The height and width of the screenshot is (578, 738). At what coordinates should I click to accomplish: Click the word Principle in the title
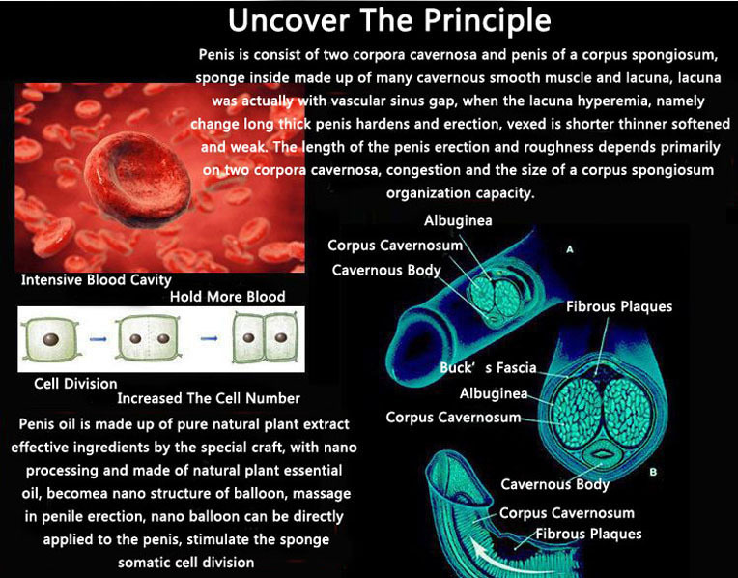[x=487, y=20]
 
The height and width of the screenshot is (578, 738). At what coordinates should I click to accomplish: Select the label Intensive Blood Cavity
[x=96, y=279]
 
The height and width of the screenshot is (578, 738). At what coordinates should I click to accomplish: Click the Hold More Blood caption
[x=227, y=297]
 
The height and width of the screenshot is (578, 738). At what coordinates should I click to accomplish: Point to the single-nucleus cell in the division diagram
[x=50, y=338]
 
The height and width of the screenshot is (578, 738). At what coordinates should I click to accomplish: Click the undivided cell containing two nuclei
[x=149, y=338]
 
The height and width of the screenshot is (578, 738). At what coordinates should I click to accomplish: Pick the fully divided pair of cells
[x=266, y=337]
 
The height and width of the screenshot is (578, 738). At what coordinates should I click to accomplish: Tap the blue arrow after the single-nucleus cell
[x=98, y=339]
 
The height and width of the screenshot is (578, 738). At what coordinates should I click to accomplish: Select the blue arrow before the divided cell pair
[x=209, y=338]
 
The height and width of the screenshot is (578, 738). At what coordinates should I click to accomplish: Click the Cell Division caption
[x=75, y=384]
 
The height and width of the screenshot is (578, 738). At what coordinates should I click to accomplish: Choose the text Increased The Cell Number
[x=209, y=398]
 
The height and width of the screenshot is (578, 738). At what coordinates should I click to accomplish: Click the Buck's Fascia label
[x=488, y=367]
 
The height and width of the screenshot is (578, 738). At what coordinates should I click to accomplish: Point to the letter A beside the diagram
[x=570, y=249]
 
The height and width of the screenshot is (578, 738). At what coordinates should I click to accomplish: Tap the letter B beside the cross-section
[x=653, y=472]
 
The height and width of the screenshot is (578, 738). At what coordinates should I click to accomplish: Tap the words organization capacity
[x=461, y=193]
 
